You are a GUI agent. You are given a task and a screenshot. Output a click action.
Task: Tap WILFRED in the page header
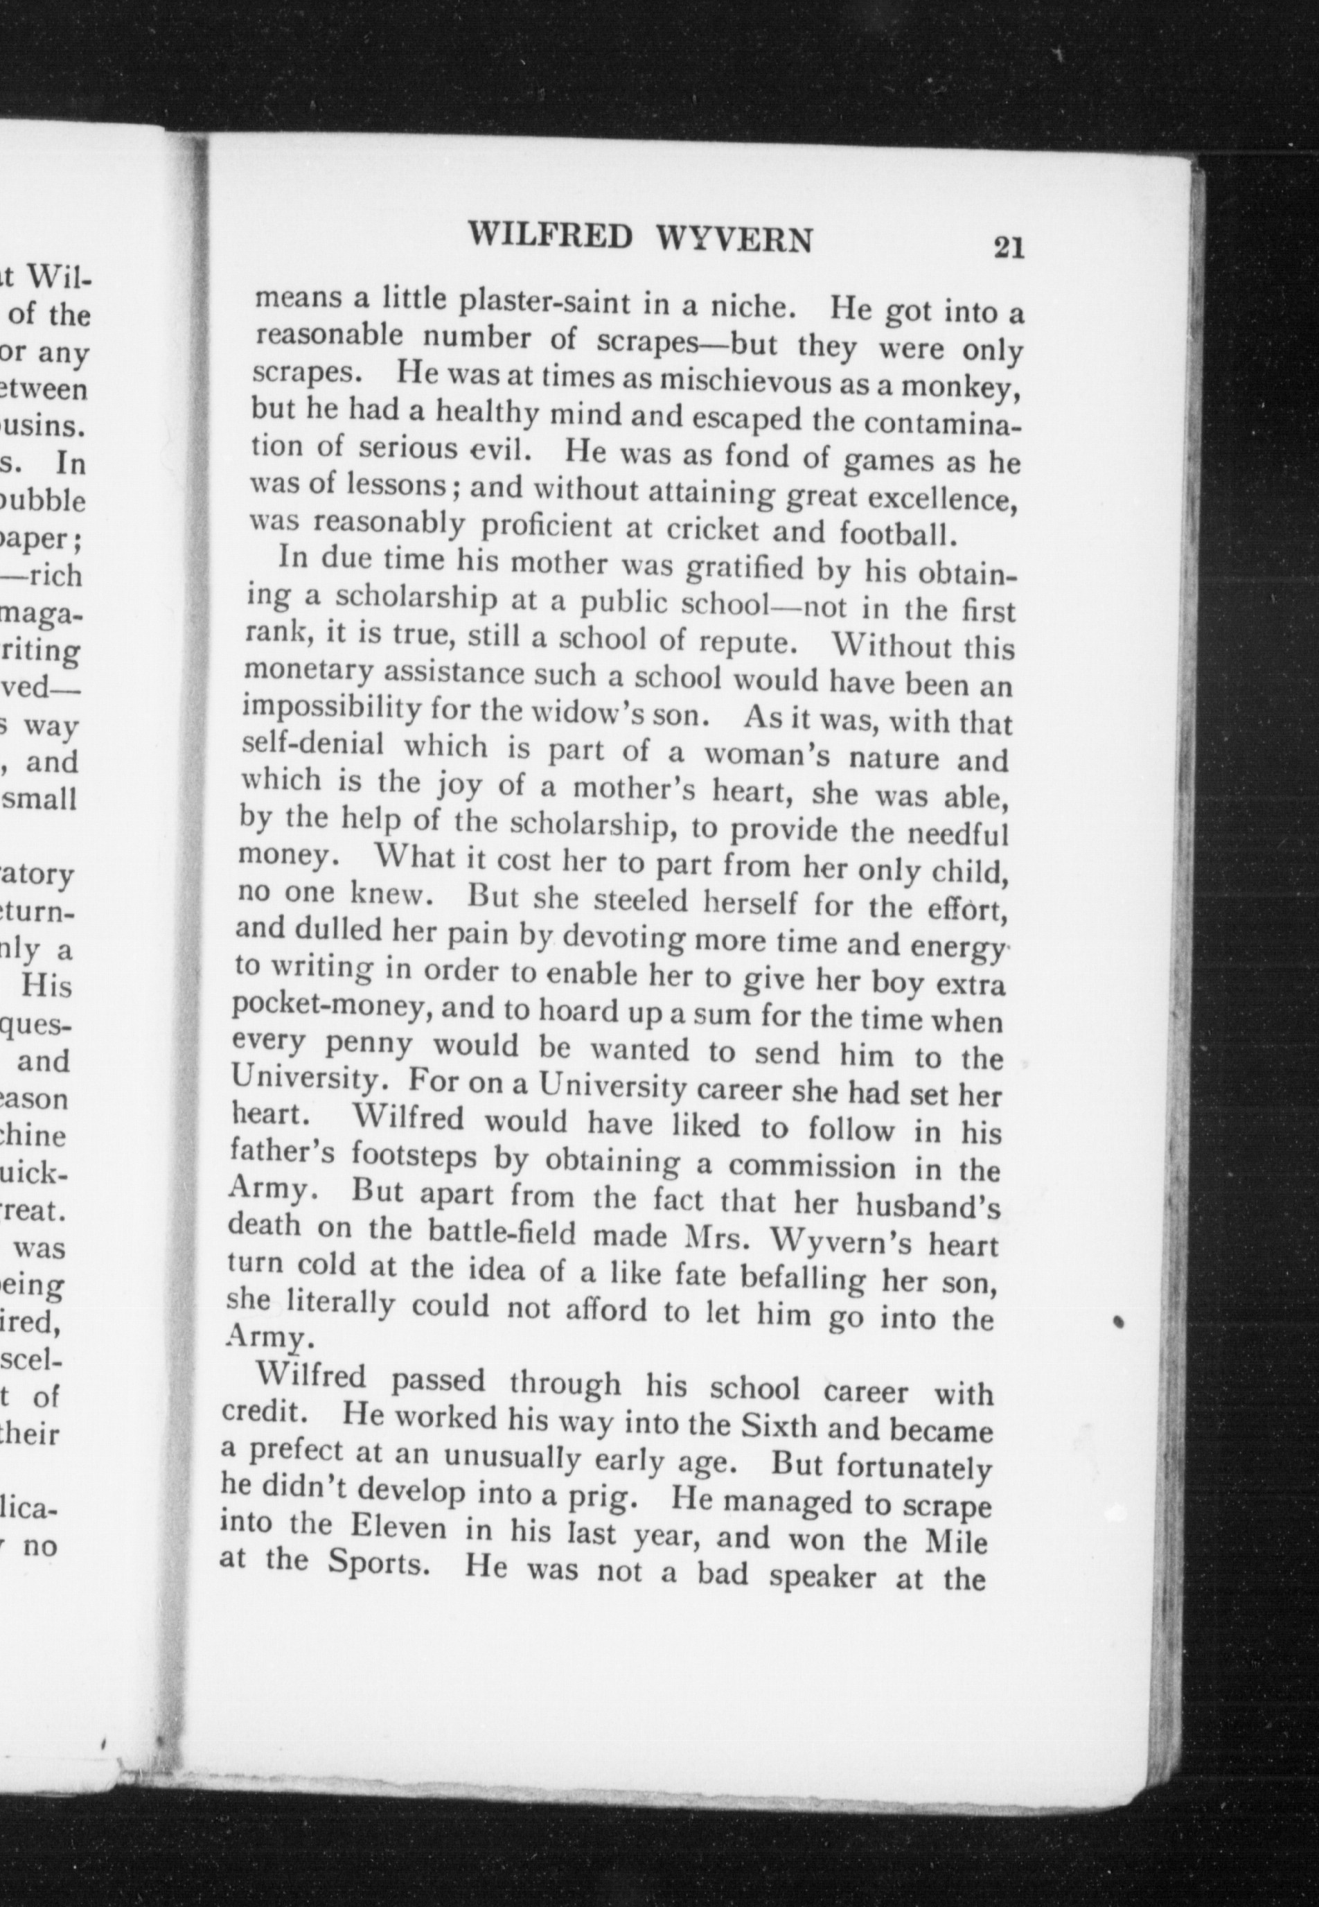point(551,235)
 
